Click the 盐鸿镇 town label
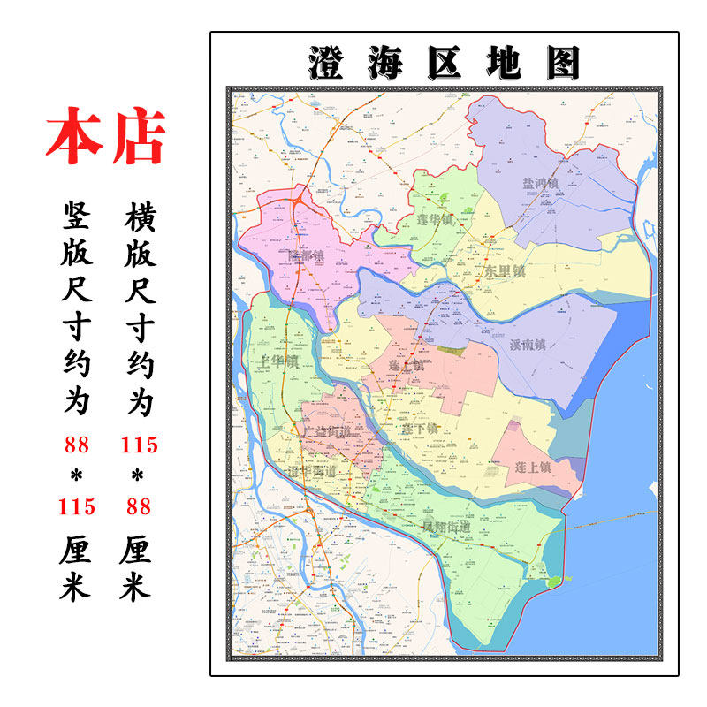(x=541, y=184)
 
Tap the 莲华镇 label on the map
(x=434, y=219)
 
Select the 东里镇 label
(x=505, y=271)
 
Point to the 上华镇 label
(x=277, y=361)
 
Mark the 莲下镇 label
(x=419, y=429)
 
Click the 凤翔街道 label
(x=445, y=528)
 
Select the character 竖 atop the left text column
(x=75, y=215)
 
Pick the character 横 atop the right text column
(x=136, y=215)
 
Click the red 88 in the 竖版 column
(x=76, y=445)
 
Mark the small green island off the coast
(x=555, y=581)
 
